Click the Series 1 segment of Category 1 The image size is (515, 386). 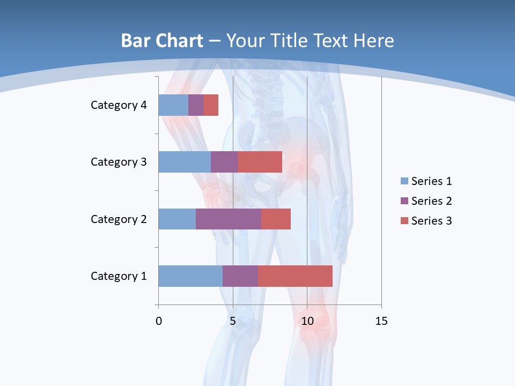click(x=190, y=276)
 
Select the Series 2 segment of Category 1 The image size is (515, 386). click(x=240, y=276)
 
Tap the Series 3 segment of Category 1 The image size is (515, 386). click(x=295, y=276)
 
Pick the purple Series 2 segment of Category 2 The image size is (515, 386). click(x=229, y=219)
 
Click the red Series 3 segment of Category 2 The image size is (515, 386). click(x=276, y=219)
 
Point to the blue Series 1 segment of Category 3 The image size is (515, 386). click(x=185, y=162)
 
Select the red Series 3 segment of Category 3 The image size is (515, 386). click(x=260, y=162)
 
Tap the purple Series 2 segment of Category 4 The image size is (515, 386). click(x=196, y=105)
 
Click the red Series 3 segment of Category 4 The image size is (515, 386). click(x=211, y=105)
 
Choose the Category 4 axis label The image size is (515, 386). click(x=119, y=105)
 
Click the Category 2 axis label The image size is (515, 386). click(x=119, y=219)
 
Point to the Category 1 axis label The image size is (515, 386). click(x=119, y=276)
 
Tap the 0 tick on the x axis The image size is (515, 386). click(x=159, y=321)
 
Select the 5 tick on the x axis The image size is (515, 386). click(x=233, y=321)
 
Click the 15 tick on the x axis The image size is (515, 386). click(x=381, y=321)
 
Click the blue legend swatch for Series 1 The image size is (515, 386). click(x=404, y=181)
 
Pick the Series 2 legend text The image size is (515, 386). click(x=431, y=201)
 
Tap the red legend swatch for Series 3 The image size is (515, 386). click(x=404, y=221)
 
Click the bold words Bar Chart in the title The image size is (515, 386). click(x=162, y=41)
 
